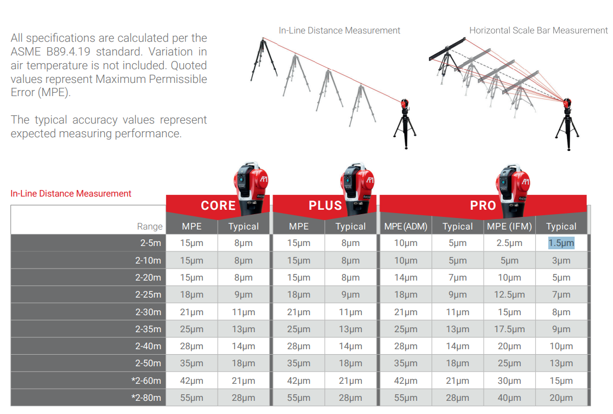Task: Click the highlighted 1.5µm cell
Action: click(561, 243)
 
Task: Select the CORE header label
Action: click(218, 206)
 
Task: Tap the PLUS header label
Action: click(325, 206)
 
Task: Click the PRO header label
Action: click(483, 206)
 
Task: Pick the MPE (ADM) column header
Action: click(406, 226)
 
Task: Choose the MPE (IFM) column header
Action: click(509, 226)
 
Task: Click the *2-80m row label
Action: click(146, 398)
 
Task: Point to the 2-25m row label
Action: click(148, 294)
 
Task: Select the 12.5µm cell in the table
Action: click(509, 294)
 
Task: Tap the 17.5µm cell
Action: click(509, 329)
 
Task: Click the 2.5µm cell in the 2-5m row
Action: click(509, 243)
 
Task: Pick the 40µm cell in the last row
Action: click(509, 398)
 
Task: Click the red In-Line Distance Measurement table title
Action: click(71, 193)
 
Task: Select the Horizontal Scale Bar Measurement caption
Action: click(538, 31)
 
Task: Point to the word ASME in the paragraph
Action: click(26, 52)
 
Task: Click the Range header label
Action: click(150, 226)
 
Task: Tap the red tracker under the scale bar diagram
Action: click(567, 104)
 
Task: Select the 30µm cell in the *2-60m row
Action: click(509, 381)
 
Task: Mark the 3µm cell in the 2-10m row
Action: click(561, 260)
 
